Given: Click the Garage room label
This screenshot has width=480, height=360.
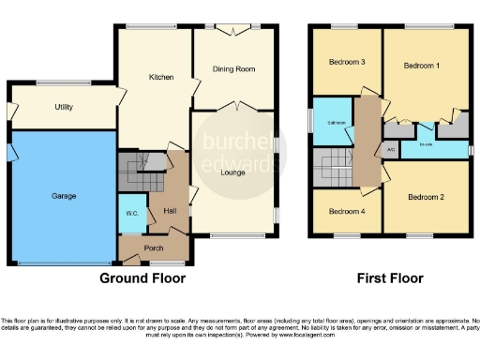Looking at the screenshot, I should (64, 196).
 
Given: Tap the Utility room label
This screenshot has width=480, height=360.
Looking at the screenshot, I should (64, 108).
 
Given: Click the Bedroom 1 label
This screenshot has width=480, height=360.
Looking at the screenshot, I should (422, 66).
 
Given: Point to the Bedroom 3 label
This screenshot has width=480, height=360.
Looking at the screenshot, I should (346, 63).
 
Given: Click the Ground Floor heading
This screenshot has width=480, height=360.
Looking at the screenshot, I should (142, 278).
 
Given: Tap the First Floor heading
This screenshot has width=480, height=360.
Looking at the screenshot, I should (391, 278).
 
